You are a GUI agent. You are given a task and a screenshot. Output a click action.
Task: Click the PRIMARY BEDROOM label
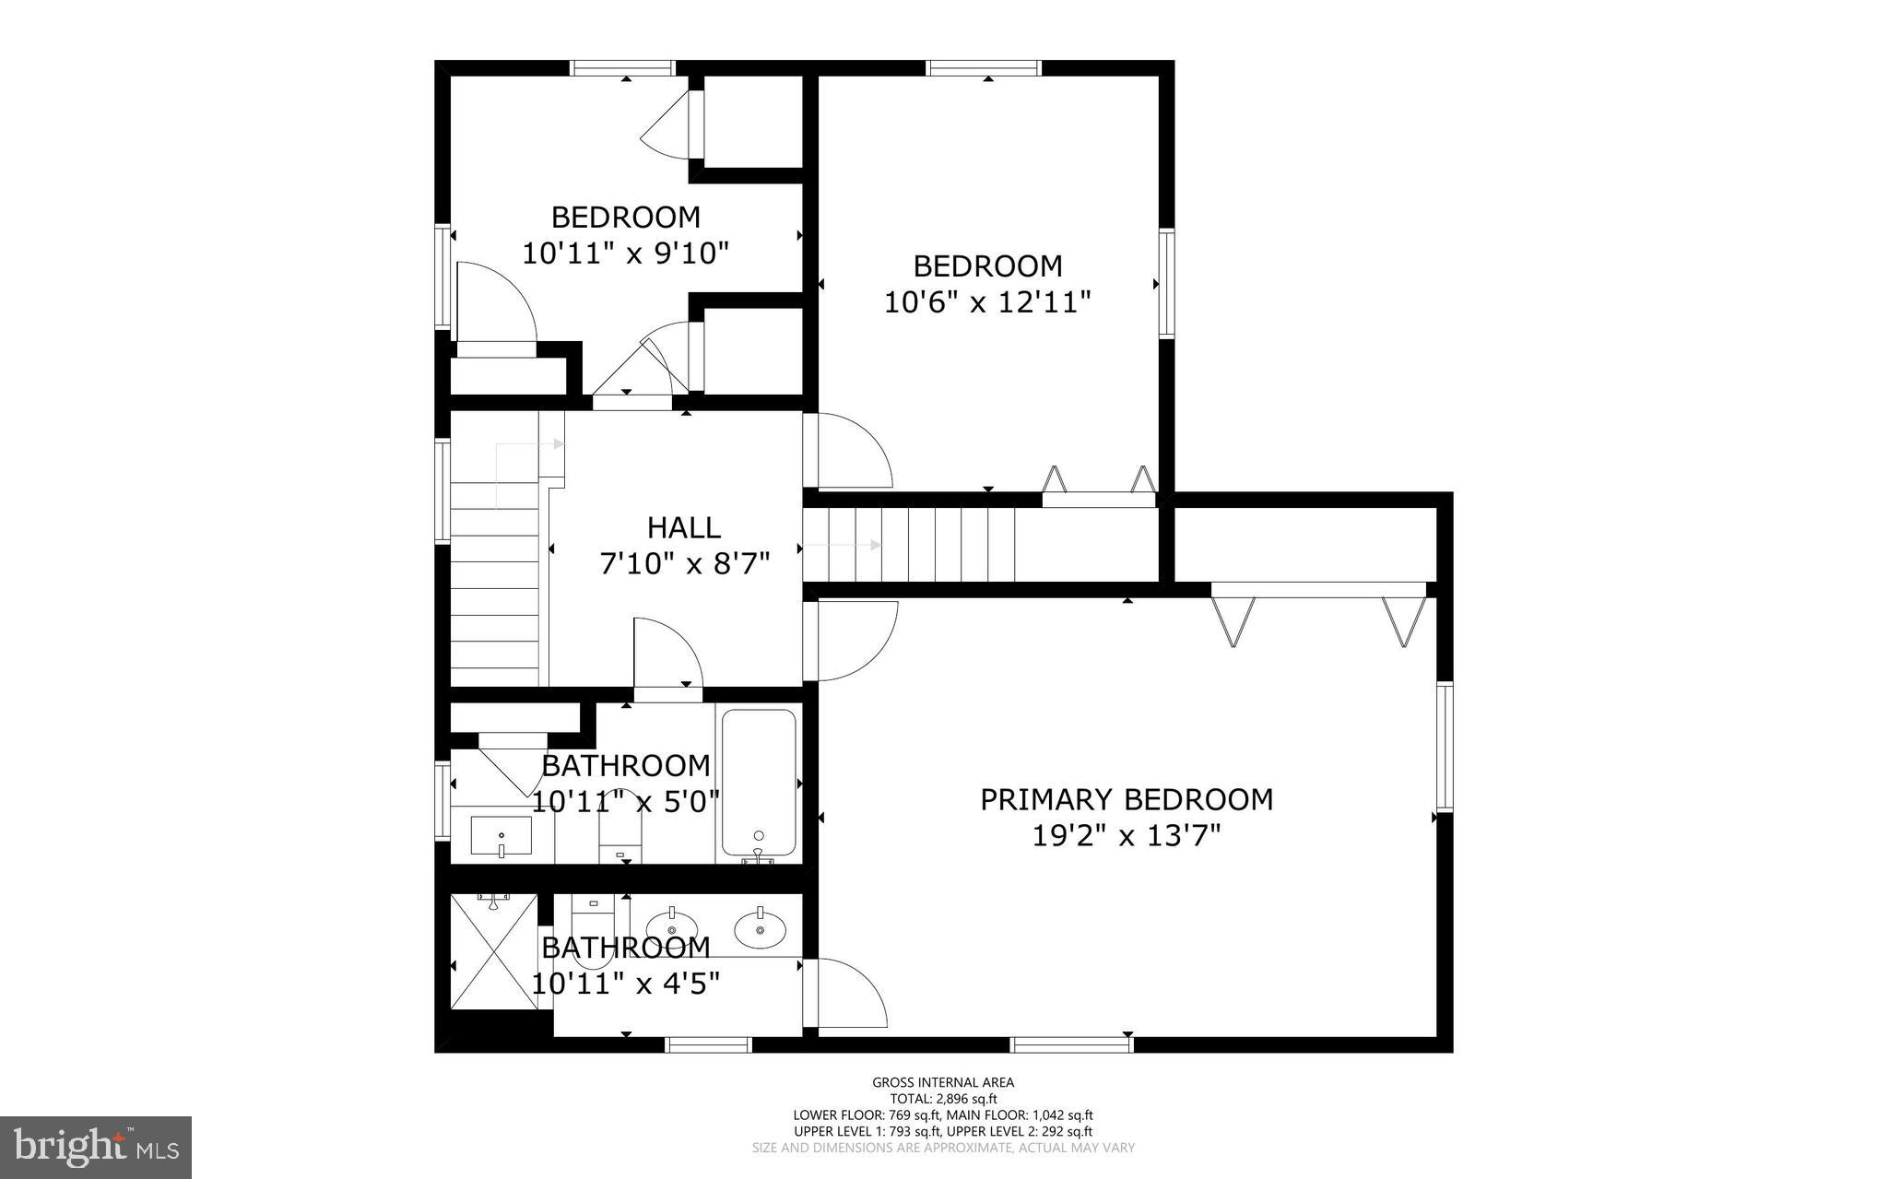point(1126,799)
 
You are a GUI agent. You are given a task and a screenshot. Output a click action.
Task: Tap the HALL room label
point(683,527)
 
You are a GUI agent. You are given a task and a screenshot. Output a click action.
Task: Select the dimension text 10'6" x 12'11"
point(987,301)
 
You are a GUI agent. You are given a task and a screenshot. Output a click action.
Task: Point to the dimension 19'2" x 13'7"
point(1126,836)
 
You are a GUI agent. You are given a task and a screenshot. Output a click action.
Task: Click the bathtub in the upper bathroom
point(759,783)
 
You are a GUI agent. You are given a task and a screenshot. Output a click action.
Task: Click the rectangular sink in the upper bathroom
point(501,835)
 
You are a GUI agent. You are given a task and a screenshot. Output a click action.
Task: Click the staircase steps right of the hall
point(908,546)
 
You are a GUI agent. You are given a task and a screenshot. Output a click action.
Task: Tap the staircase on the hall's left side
point(495,590)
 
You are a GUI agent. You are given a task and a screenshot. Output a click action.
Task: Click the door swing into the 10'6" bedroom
point(848,452)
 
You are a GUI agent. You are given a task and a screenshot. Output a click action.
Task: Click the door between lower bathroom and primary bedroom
point(846,993)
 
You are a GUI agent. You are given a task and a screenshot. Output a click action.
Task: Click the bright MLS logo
point(96,1147)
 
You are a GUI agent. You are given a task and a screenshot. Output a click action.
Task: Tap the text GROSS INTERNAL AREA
point(943,1082)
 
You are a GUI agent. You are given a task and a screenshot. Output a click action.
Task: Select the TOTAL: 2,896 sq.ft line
point(943,1099)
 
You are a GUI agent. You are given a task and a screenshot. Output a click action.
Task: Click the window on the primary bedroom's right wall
point(1444,746)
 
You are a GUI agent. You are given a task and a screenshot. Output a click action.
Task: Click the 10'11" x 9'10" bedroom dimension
point(625,253)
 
